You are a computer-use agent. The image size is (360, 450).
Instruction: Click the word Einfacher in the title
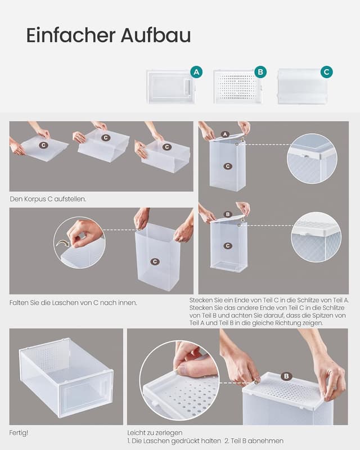tap(71, 35)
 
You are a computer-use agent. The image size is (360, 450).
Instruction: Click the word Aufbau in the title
tap(156, 35)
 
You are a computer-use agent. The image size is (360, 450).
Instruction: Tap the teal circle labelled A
tap(196, 72)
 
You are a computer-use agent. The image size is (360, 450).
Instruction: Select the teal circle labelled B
tap(260, 72)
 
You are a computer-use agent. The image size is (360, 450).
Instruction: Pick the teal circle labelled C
tap(326, 72)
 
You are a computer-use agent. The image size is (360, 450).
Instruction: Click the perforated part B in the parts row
tap(237, 87)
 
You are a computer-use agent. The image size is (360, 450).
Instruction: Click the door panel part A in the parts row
tap(171, 87)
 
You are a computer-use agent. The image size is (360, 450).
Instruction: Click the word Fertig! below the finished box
tap(19, 433)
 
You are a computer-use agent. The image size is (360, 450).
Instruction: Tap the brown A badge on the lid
tap(225, 134)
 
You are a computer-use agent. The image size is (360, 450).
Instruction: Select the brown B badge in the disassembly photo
tap(286, 376)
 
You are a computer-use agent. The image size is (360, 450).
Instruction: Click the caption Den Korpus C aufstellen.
tap(48, 199)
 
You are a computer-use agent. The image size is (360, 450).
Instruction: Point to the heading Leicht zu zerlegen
tap(155, 433)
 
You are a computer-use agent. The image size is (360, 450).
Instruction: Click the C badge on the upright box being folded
tap(155, 262)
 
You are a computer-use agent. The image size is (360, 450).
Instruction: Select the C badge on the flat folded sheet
tap(43, 145)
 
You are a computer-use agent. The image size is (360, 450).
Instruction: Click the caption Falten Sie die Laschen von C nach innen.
tap(73, 303)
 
